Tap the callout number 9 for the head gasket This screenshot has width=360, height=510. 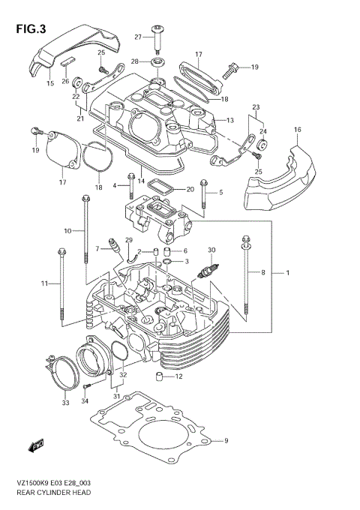225,440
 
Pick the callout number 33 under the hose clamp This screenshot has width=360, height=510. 65,403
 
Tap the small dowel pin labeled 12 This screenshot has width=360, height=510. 160,376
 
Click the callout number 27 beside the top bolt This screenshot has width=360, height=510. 138,37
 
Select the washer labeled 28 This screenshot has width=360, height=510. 157,61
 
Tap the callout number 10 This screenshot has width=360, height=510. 67,230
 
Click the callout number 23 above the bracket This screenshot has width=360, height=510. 256,106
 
